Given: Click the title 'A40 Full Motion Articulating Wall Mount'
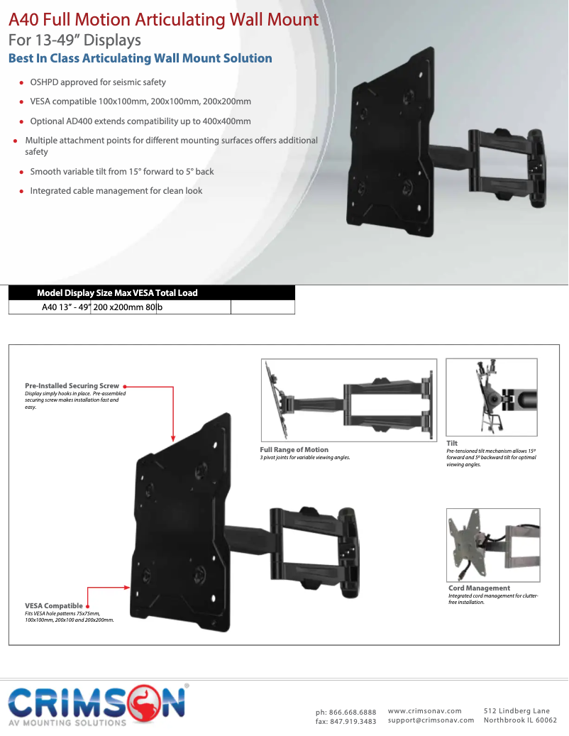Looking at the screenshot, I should pos(163,19).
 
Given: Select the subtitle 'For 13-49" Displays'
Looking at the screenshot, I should pos(74,40).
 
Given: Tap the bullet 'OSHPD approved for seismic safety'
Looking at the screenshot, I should pos(97,82).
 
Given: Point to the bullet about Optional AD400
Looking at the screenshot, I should pos(140,121).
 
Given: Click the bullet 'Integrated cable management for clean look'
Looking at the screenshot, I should pos(116,191).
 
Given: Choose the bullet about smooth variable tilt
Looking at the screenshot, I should pos(121,172).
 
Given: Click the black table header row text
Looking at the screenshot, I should pos(117,293).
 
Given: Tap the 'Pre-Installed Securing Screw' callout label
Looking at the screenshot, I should pos(72,386).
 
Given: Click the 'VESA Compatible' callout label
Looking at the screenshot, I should pos(54,605).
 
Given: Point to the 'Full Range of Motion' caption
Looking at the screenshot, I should pos(294,450).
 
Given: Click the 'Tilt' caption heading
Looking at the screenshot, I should pos(452,443).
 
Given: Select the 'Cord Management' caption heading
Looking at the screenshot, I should pos(479,588).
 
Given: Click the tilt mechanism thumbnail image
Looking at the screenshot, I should pos(491,397).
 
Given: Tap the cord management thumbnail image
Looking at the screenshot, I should pos(493,545).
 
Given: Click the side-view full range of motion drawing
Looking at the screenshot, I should pos(349,400).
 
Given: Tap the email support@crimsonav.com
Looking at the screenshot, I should pos(431,720).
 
